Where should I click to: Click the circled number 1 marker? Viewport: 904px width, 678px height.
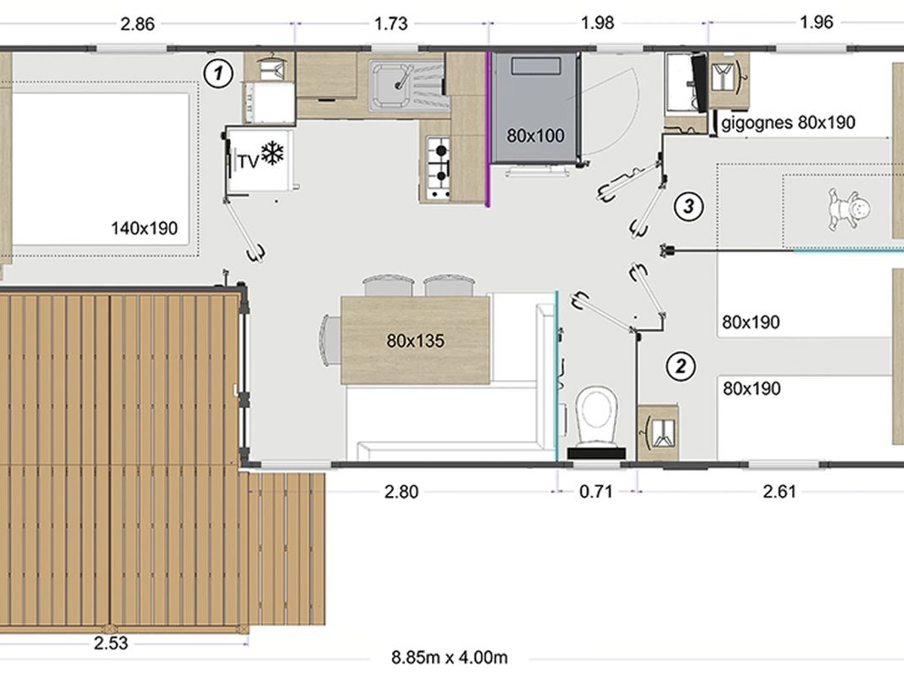(218, 73)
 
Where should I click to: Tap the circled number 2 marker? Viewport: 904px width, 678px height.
(681, 366)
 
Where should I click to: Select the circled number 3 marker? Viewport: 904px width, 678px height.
(689, 206)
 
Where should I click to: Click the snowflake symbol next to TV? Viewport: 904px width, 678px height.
(272, 153)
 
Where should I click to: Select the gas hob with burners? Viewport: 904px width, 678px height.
(438, 168)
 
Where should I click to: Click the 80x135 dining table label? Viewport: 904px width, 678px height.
(415, 341)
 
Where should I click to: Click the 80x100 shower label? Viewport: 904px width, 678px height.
(535, 136)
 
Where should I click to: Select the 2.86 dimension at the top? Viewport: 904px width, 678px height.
(137, 24)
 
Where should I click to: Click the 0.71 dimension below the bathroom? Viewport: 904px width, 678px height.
(596, 492)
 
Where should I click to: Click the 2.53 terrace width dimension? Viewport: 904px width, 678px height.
(111, 643)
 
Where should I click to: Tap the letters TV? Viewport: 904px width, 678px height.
(249, 162)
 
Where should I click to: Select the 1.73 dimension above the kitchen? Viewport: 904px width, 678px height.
(391, 24)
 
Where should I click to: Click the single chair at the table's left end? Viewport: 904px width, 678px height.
(330, 340)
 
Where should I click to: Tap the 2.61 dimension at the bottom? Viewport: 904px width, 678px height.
(779, 492)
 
